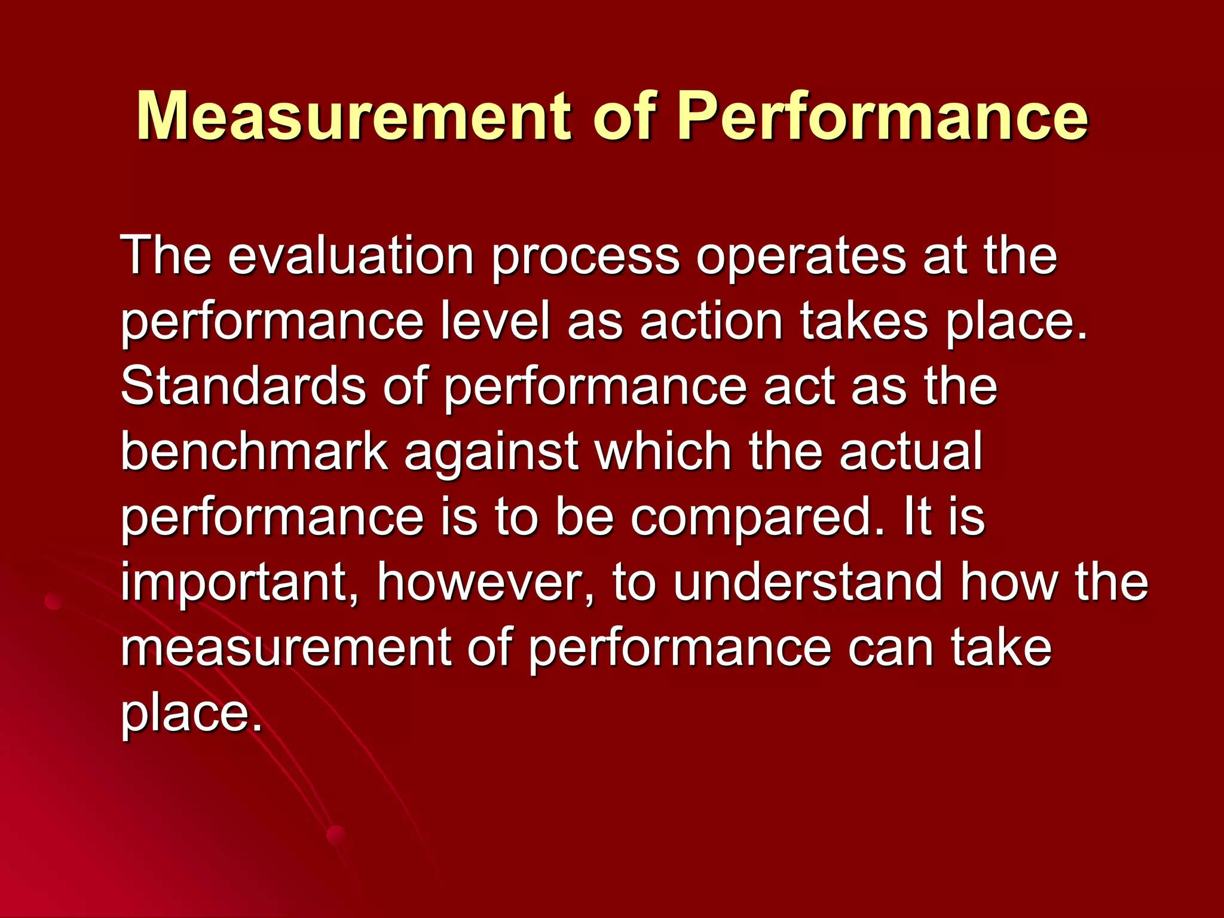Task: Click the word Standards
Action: click(243, 387)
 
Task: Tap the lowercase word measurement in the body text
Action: click(286, 648)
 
